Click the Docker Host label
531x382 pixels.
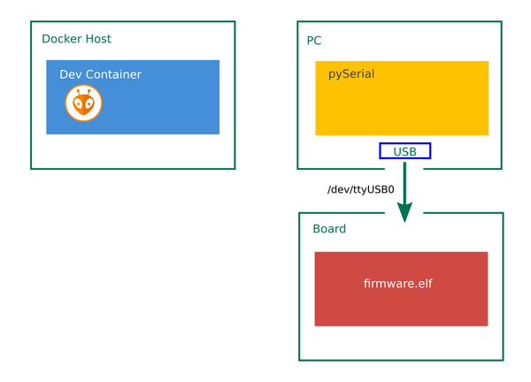coord(76,39)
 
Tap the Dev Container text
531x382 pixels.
coord(100,74)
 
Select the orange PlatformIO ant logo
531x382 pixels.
coord(84,103)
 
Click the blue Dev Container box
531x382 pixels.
coord(133,97)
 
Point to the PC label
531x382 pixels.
coord(314,41)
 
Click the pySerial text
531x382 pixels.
coord(351,74)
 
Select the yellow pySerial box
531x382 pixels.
coord(402,98)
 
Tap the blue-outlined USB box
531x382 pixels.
coord(405,151)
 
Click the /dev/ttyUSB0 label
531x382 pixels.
coord(361,189)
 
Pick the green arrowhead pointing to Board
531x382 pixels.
coord(404,212)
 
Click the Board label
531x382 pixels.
coord(329,229)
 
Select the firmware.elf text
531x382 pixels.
coord(398,283)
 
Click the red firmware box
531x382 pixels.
coord(401,289)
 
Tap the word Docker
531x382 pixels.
coord(62,39)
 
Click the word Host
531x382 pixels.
coord(98,39)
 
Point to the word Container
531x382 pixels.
coord(113,74)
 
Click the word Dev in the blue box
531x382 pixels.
coord(71,74)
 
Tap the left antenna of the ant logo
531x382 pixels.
coord(79,92)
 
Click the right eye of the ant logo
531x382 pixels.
coord(88,104)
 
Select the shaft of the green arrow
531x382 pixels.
coord(404,183)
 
